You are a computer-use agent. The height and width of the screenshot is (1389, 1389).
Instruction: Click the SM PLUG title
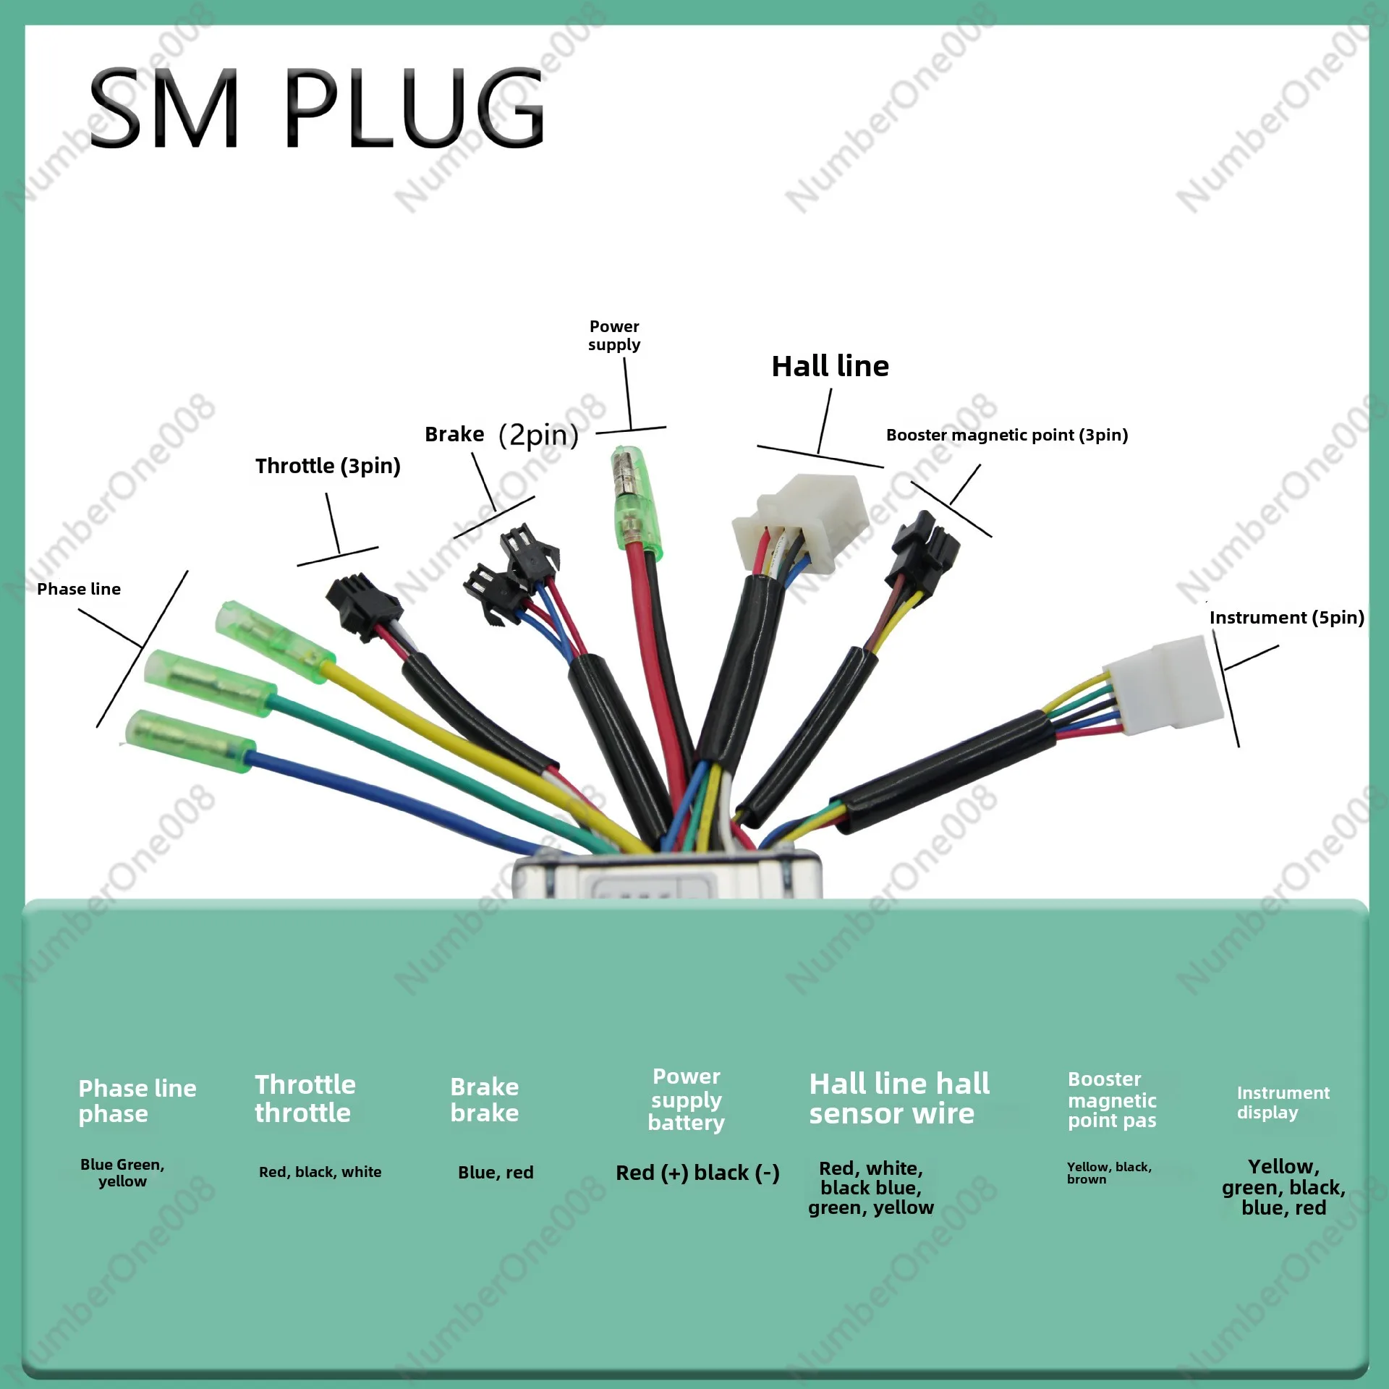tap(316, 109)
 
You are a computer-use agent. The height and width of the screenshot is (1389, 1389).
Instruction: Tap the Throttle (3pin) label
tap(328, 466)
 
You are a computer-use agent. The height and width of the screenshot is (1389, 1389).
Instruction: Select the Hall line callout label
tap(830, 367)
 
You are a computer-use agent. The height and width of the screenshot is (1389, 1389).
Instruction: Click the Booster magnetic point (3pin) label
tap(1006, 435)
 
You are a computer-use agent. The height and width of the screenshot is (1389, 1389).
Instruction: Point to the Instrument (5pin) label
tap(1286, 617)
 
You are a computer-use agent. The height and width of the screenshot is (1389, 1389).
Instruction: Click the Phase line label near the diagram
tap(79, 589)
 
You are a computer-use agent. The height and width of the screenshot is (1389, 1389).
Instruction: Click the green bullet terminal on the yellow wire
tap(275, 642)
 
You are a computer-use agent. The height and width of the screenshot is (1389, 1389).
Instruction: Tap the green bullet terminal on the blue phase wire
tap(190, 739)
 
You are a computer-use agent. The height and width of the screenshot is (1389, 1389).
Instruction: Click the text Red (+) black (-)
tap(697, 1173)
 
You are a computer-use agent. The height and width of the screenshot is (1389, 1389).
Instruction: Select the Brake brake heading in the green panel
tap(484, 1100)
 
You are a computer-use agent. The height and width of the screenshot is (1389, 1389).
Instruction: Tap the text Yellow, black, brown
tap(1108, 1173)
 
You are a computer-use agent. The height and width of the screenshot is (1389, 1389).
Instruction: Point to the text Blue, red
tap(496, 1173)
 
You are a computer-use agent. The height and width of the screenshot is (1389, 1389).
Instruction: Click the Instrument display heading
tap(1283, 1103)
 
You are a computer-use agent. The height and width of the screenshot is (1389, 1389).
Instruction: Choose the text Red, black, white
tap(320, 1172)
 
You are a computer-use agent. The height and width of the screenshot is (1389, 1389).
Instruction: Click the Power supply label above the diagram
tap(614, 335)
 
